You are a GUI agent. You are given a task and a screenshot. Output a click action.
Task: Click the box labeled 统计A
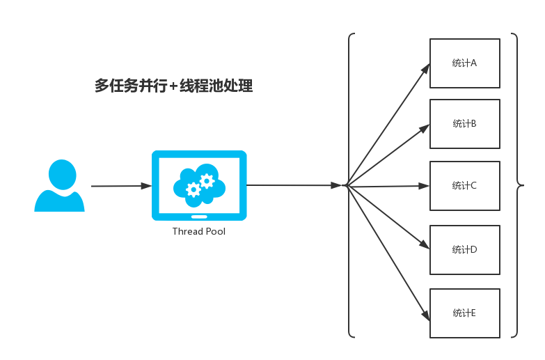click(464, 63)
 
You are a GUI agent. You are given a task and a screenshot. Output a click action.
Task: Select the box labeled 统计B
click(464, 124)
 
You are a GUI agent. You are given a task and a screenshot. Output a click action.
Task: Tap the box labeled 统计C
click(464, 186)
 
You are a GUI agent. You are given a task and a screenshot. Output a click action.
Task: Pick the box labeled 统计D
click(464, 249)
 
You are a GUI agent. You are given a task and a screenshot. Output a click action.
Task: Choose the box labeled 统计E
click(464, 313)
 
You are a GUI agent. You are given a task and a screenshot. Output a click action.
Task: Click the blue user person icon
click(60, 186)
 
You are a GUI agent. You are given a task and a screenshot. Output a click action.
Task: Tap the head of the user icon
click(62, 173)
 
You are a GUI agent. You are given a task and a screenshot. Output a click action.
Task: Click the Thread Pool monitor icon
click(199, 185)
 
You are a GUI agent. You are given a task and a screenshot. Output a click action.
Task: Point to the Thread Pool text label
click(199, 232)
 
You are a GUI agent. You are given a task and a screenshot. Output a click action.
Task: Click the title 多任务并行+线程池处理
click(173, 86)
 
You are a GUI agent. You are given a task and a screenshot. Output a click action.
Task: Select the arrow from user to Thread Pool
click(121, 186)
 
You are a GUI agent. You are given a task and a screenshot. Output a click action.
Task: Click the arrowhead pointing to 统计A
click(426, 68)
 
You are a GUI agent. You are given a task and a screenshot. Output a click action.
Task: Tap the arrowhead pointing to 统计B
click(425, 128)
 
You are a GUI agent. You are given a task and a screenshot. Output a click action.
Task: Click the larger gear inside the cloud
click(206, 181)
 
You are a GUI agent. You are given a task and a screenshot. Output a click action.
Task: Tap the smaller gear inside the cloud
click(193, 189)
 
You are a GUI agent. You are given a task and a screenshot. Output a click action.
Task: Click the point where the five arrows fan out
click(347, 186)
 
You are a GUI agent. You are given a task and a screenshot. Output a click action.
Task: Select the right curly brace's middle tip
click(521, 186)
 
